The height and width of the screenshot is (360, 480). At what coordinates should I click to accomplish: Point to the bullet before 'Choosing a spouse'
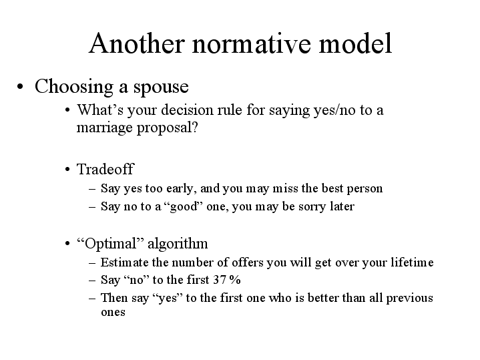(x=22, y=88)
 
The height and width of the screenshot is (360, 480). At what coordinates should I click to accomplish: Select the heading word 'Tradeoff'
(x=105, y=169)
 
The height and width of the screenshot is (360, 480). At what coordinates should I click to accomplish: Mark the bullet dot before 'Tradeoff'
(x=68, y=170)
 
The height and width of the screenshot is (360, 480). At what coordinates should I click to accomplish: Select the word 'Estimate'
(x=122, y=262)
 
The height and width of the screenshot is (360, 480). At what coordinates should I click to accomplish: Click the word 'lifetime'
(x=412, y=262)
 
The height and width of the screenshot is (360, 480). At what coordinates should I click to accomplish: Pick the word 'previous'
(x=409, y=298)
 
